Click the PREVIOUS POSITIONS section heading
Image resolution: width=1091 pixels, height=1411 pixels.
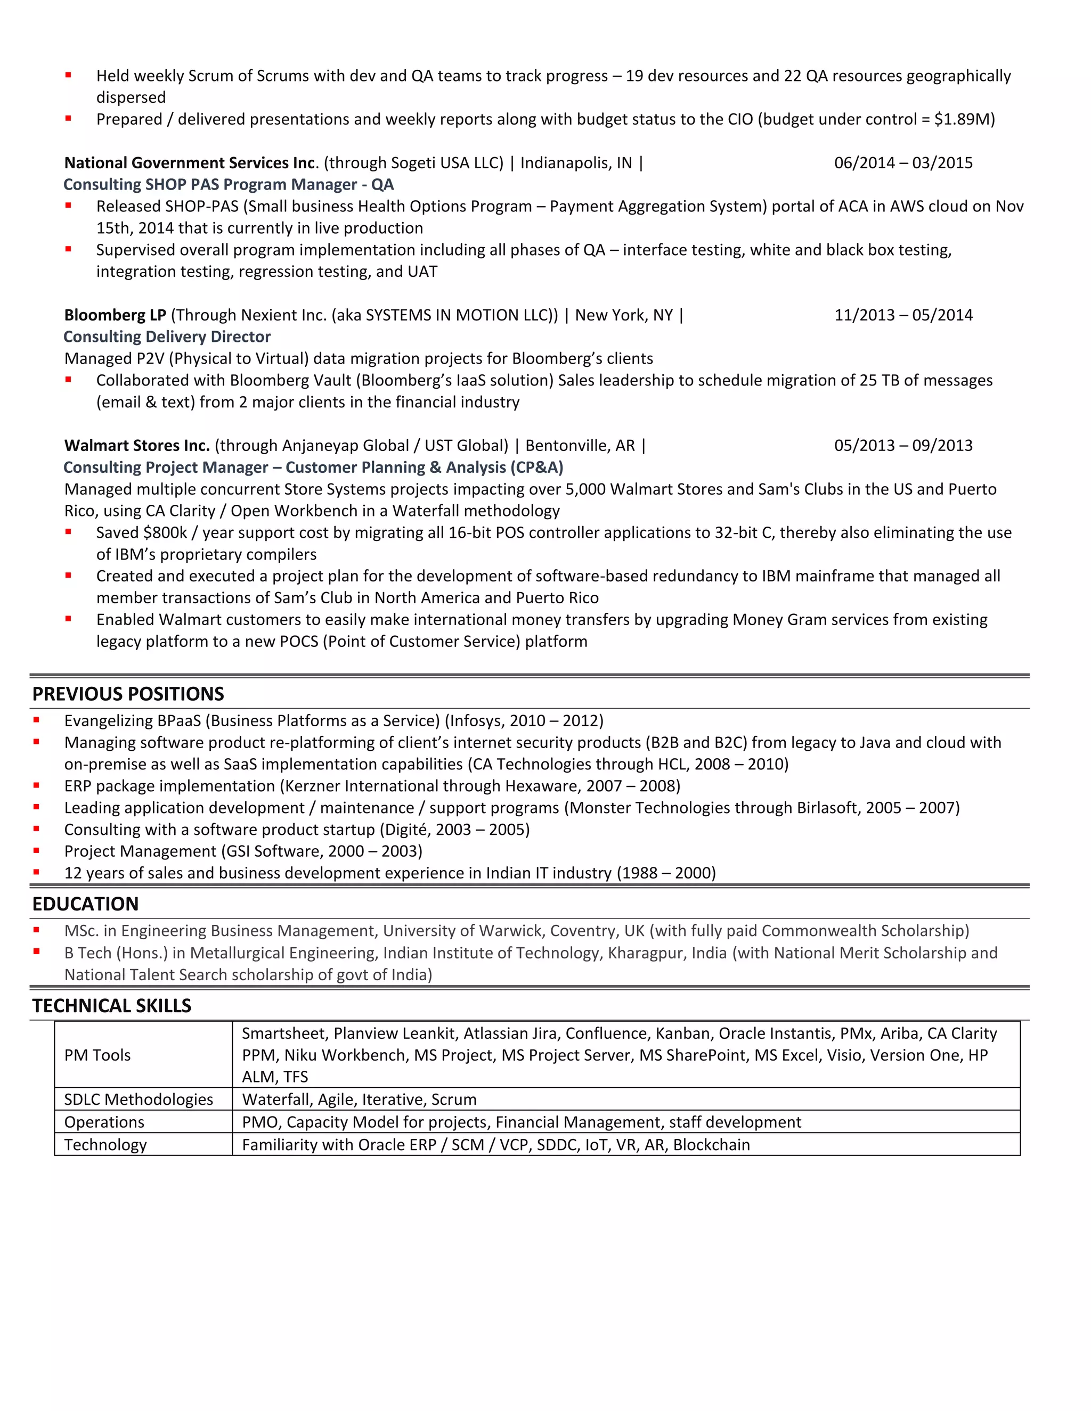tap(128, 694)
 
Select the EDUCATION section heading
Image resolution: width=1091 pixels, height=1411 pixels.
tap(85, 904)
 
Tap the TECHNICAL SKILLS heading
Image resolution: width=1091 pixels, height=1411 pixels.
tap(112, 1005)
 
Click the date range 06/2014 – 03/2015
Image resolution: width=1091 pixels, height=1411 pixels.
tap(903, 163)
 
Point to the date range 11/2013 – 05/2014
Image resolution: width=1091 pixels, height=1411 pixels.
tap(903, 315)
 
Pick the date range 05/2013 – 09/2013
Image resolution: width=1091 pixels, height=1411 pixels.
tap(903, 446)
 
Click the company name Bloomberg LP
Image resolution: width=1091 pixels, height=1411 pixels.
tap(115, 315)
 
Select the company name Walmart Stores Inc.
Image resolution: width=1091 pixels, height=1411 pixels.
tap(137, 446)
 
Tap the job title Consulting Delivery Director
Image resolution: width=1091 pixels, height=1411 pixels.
tap(167, 337)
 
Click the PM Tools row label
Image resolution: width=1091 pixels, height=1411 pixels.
tap(97, 1055)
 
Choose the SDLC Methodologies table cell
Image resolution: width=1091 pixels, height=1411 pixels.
tap(139, 1099)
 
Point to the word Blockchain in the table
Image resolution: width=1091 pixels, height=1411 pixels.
tap(711, 1144)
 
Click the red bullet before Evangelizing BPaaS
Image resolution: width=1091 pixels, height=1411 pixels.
tap(37, 720)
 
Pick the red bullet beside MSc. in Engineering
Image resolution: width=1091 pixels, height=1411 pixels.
tap(37, 930)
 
